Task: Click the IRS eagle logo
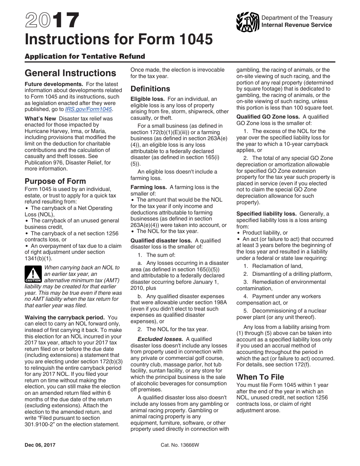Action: (247, 22)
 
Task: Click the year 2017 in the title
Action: (52, 20)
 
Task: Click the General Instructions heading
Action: (70, 73)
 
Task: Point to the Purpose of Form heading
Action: (55, 181)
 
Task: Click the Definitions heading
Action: (150, 89)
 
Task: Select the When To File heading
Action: (260, 377)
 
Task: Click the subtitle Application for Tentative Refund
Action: (85, 56)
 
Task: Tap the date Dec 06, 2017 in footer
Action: (40, 445)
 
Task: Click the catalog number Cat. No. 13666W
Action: (180, 445)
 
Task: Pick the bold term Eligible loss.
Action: (147, 99)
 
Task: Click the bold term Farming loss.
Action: (149, 187)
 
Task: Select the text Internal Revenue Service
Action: (296, 25)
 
